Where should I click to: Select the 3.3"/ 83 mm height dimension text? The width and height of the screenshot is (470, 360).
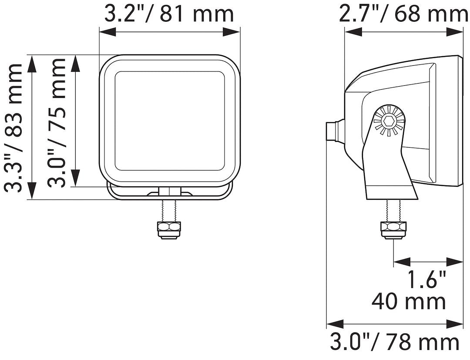(x=13, y=127)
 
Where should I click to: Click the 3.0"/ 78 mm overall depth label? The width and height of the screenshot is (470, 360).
(x=394, y=342)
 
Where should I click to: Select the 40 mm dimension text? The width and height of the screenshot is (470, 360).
(x=409, y=302)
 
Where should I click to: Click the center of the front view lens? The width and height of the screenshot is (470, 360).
(x=170, y=121)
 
